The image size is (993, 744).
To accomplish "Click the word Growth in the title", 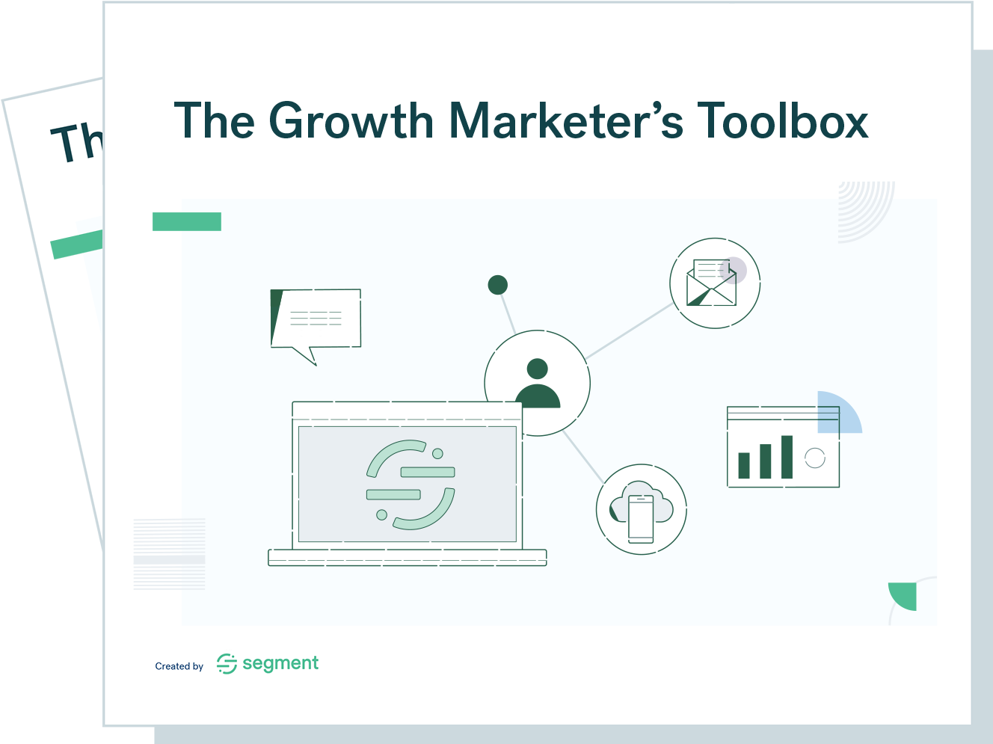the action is coord(351,120).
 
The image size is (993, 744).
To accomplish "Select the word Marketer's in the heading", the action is coord(566,120).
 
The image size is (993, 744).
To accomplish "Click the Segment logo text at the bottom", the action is coord(280,663).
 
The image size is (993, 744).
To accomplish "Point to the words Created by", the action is coord(179,666).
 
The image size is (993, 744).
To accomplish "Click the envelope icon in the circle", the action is coord(711,283).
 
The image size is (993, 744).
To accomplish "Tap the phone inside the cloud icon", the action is coord(641,519).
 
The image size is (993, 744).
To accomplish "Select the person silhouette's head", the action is coord(538,369).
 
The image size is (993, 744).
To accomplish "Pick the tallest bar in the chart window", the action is coord(787,457).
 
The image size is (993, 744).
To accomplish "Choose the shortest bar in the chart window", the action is coord(744,465).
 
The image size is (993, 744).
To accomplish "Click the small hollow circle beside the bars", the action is coord(815,458).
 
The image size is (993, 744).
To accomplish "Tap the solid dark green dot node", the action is coord(498,285).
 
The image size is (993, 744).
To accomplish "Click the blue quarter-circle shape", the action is coord(837,413).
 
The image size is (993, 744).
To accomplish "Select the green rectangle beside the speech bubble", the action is coord(187,221).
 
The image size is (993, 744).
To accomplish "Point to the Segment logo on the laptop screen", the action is coord(411,485).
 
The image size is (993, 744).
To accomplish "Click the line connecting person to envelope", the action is coord(629,331).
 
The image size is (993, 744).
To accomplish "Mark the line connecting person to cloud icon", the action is coord(583,457).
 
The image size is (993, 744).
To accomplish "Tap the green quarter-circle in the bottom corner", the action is coord(905,594).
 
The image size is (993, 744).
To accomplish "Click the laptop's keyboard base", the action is coord(408,558).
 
